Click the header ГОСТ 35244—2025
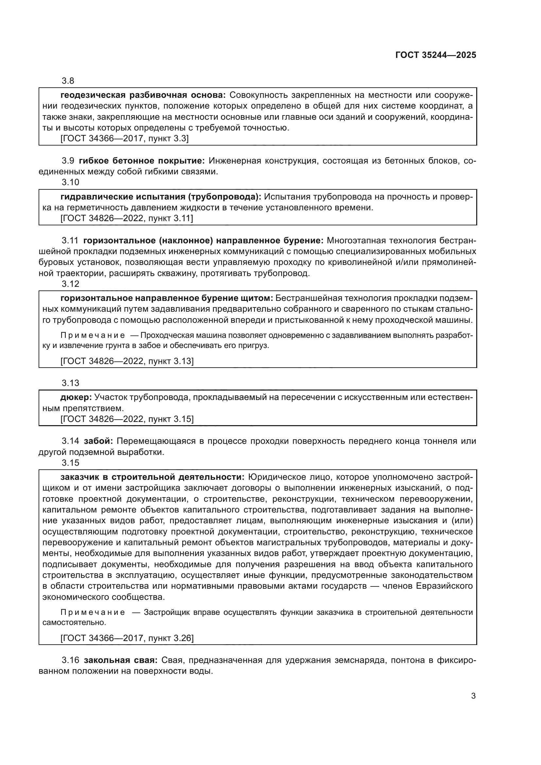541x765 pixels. [x=436, y=55]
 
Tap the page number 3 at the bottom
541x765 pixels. [x=473, y=696]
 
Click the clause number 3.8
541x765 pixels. [x=68, y=81]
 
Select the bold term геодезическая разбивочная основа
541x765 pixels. [x=143, y=95]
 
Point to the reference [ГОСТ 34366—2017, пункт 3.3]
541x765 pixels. [x=125, y=139]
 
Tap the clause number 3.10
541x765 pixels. [x=70, y=182]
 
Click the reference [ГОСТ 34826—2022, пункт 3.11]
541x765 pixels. [x=127, y=218]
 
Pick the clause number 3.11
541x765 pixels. [x=70, y=241]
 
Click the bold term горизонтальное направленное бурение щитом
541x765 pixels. [x=166, y=298]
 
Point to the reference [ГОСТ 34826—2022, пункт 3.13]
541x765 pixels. [x=127, y=361]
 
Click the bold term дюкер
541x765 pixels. [x=76, y=397]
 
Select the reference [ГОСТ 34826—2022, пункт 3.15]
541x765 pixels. [x=127, y=419]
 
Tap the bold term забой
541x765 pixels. [x=98, y=441]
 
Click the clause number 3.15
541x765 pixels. [x=70, y=463]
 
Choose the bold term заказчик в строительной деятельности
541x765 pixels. [x=152, y=478]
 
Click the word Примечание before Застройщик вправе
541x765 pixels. [x=93, y=612]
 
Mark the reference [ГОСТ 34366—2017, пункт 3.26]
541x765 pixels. [x=127, y=638]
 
